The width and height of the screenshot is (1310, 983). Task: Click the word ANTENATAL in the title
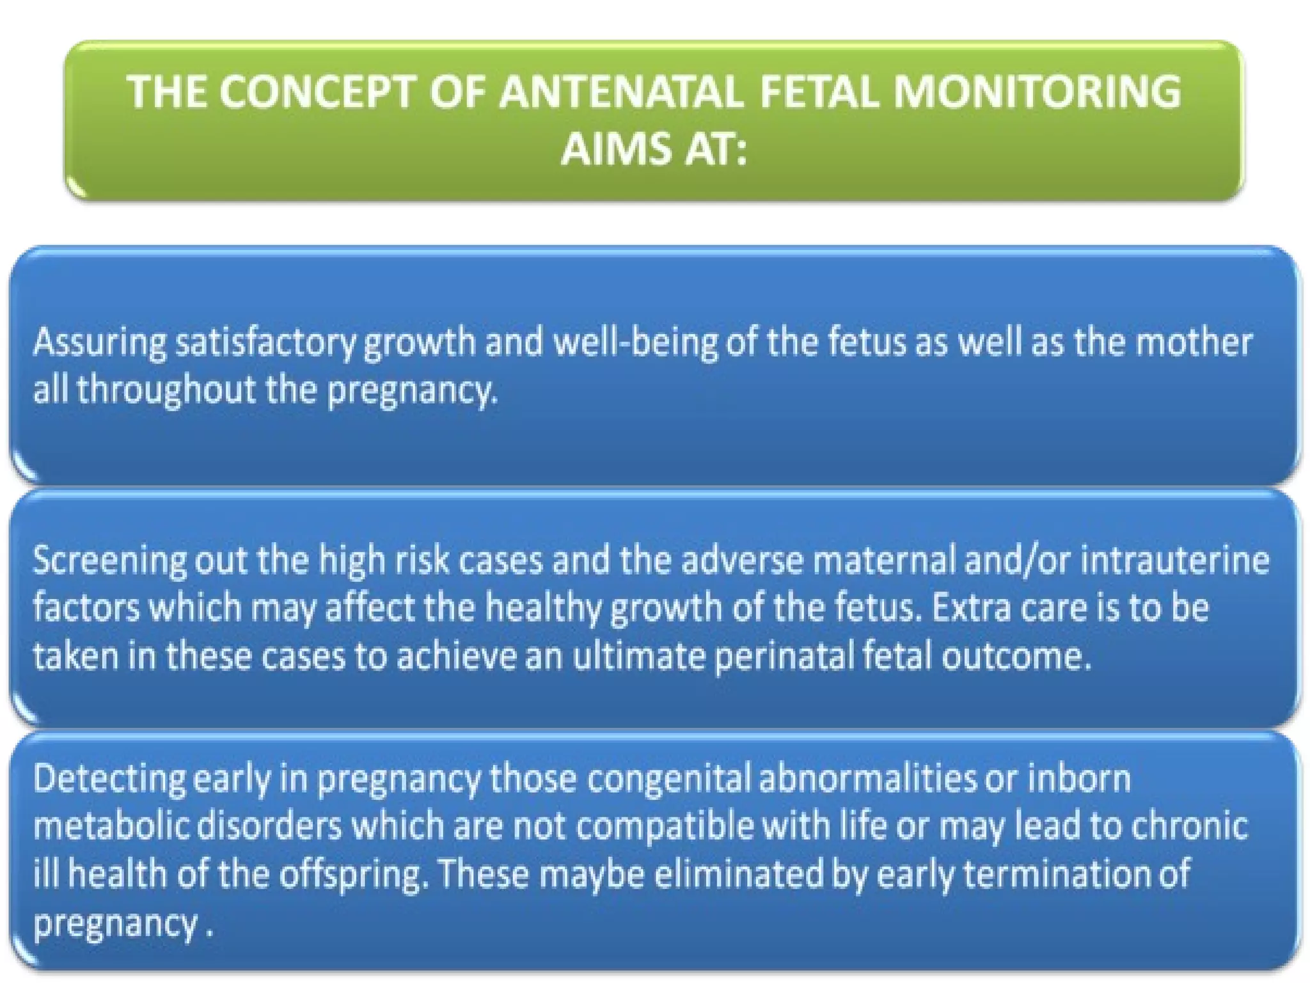point(620,92)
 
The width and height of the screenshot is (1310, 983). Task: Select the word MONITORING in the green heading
point(1037,92)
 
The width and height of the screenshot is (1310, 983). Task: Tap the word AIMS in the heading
point(615,148)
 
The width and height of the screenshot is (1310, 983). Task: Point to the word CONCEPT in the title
point(317,92)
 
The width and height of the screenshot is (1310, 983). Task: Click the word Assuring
point(99,342)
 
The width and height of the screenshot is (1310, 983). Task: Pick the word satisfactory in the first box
point(265,342)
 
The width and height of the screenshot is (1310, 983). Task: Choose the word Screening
point(109,561)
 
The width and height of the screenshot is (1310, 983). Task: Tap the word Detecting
point(109,779)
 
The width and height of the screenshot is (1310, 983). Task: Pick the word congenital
point(668,779)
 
